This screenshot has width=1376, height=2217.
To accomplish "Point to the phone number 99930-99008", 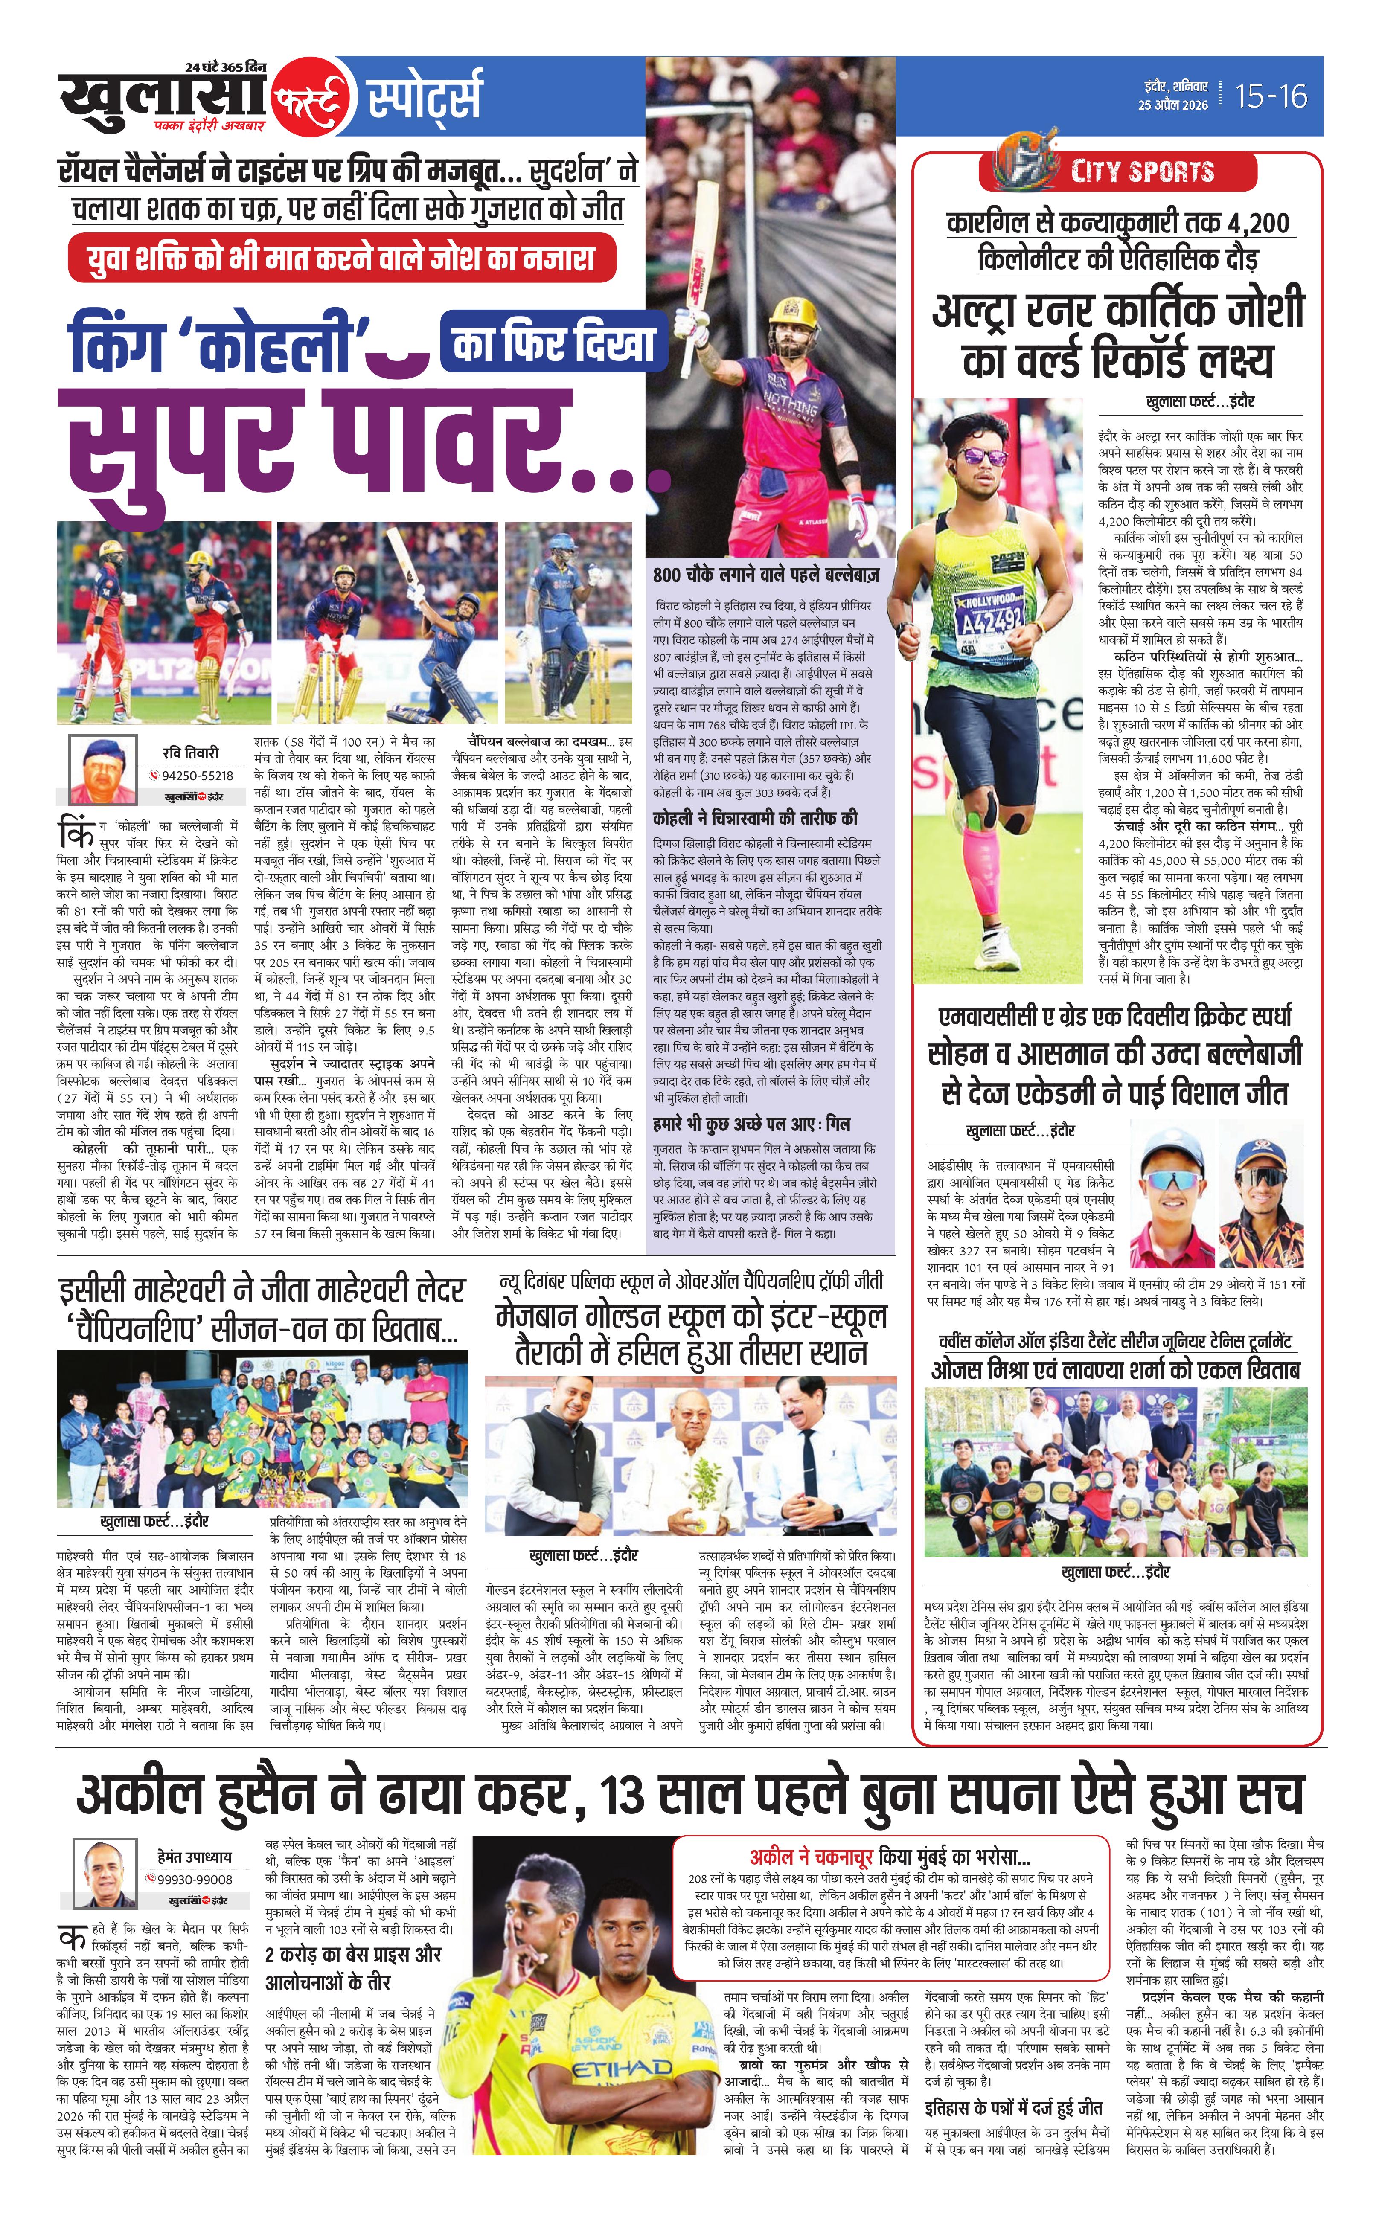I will [x=195, y=1879].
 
